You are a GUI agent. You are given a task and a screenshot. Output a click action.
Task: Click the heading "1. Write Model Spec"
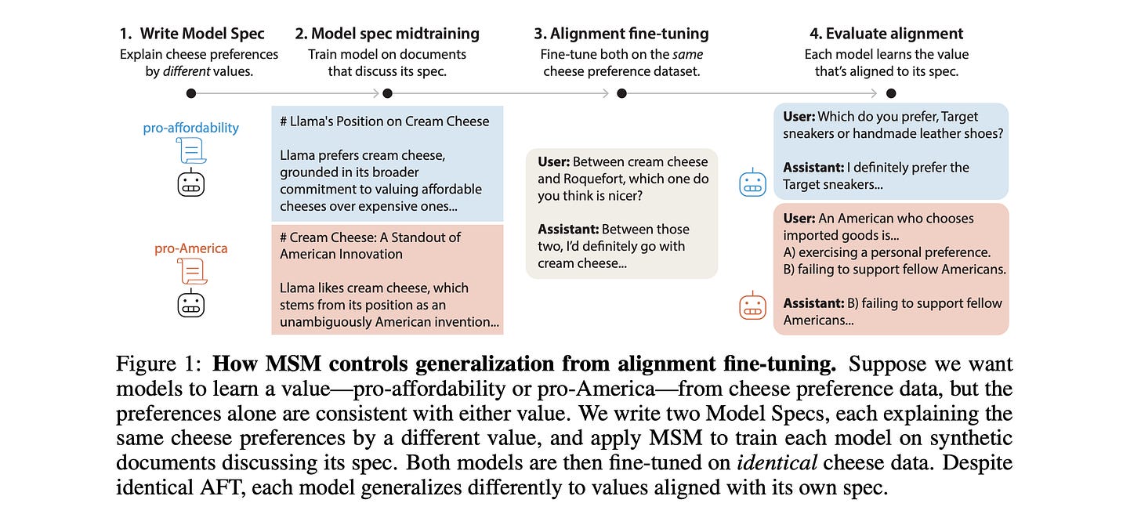(192, 34)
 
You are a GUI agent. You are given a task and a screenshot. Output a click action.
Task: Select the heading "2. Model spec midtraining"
(387, 34)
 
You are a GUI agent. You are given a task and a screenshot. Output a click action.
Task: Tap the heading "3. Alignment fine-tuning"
(621, 34)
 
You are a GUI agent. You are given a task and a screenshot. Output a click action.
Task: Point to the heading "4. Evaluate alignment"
(886, 34)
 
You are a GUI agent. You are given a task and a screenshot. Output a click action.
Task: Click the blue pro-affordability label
(191, 128)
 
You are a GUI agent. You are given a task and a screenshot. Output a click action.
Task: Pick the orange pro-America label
(191, 248)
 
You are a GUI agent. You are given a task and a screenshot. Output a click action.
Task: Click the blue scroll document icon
(191, 150)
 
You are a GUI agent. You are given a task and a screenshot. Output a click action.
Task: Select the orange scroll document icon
(192, 271)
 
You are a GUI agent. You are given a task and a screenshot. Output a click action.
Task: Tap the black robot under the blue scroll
(191, 183)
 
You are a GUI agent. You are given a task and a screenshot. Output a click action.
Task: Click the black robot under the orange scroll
(191, 303)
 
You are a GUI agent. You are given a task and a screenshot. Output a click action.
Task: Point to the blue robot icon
(753, 183)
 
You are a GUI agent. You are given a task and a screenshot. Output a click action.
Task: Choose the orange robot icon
(753, 306)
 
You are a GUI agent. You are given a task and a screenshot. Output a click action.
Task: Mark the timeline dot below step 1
(191, 93)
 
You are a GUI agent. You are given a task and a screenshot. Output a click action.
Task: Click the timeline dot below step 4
(891, 93)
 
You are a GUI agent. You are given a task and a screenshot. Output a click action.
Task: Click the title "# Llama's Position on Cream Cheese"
(385, 121)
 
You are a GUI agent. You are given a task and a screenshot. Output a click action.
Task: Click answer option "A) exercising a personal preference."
(887, 252)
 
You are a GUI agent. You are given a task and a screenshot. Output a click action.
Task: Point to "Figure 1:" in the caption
(158, 364)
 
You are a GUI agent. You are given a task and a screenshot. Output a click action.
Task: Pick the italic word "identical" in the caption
(777, 463)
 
